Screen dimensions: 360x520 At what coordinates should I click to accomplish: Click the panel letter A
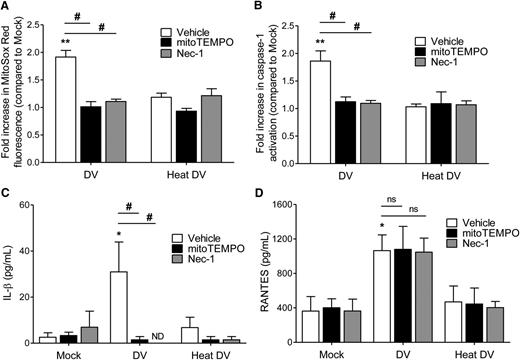pos(7,7)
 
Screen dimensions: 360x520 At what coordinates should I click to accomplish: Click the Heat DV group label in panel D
pos(468,353)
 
